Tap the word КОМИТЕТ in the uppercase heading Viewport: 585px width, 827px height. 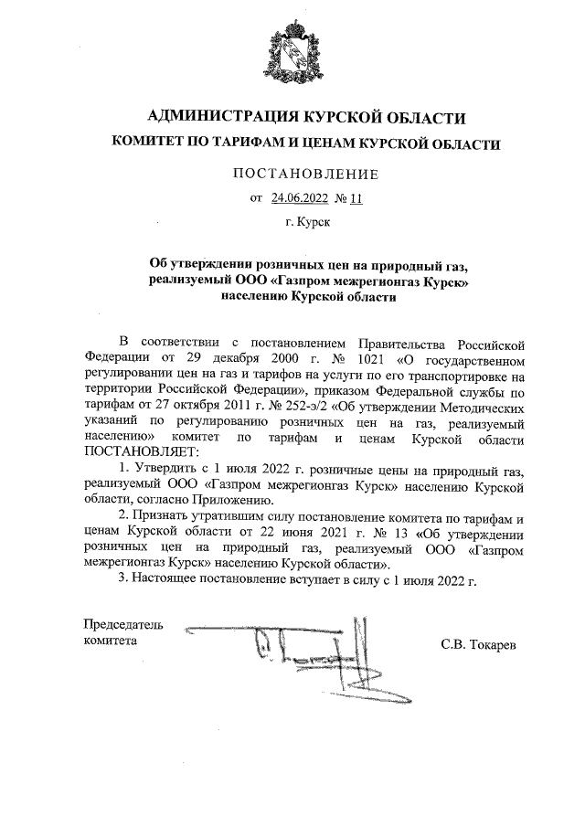click(x=146, y=143)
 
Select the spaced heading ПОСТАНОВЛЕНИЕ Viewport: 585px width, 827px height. click(x=292, y=174)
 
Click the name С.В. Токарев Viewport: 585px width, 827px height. click(x=478, y=646)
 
